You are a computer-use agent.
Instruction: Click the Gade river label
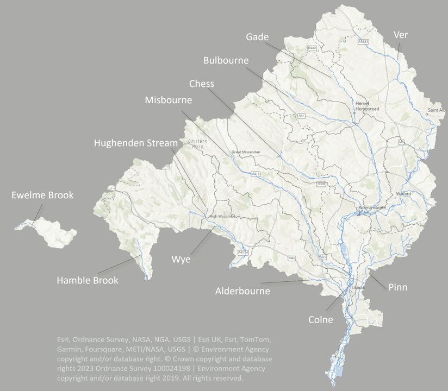pyautogui.click(x=257, y=37)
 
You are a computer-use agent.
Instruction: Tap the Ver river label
pyautogui.click(x=400, y=35)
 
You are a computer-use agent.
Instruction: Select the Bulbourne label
pyautogui.click(x=226, y=60)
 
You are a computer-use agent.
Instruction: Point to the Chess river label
pyautogui.click(x=202, y=84)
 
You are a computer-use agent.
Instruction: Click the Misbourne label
pyautogui.click(x=169, y=100)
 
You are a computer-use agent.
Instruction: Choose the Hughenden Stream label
pyautogui.click(x=136, y=143)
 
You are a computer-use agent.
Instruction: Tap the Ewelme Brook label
pyautogui.click(x=42, y=195)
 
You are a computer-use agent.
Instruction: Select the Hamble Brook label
pyautogui.click(x=88, y=280)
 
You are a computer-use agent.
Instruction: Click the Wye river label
pyautogui.click(x=181, y=259)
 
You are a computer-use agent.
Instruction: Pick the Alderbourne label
pyautogui.click(x=242, y=291)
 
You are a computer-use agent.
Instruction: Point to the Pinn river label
pyautogui.click(x=398, y=287)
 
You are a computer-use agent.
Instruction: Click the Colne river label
pyautogui.click(x=320, y=319)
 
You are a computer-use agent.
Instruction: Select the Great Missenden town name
pyautogui.click(x=242, y=152)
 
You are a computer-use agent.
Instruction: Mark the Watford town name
pyautogui.click(x=403, y=193)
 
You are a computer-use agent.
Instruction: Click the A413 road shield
pyautogui.click(x=256, y=174)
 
